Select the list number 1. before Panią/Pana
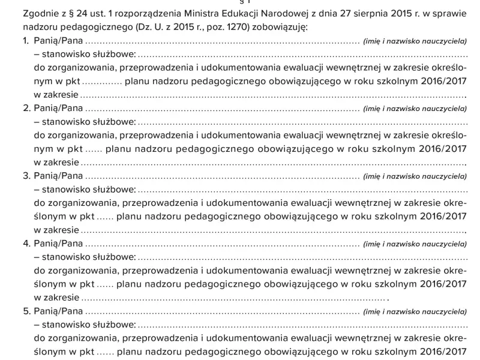[x=26, y=41]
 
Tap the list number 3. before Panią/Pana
[x=26, y=176]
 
